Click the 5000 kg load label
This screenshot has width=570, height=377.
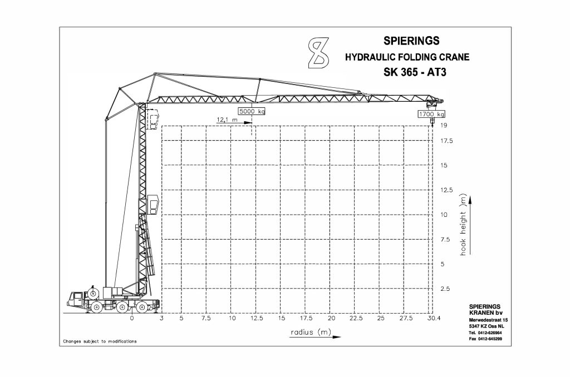point(252,111)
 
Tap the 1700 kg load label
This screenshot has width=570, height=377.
point(431,114)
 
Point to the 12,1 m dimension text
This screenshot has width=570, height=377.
point(227,120)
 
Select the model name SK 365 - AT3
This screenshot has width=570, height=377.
point(415,72)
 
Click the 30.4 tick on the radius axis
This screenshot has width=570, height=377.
point(434,318)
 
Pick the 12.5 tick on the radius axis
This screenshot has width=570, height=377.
point(257,318)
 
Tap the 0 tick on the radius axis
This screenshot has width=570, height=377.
point(131,318)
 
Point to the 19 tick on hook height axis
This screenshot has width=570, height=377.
point(444,125)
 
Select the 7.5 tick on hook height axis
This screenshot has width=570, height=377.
point(445,239)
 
